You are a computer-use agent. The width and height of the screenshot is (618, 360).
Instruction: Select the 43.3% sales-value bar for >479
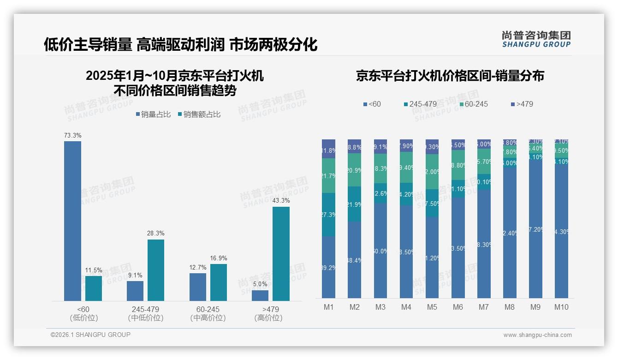(x=281, y=254)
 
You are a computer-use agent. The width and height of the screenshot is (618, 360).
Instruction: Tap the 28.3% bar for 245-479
(x=156, y=270)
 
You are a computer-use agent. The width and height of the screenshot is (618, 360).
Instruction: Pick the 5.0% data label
(x=260, y=284)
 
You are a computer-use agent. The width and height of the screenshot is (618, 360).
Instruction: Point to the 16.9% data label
(x=219, y=258)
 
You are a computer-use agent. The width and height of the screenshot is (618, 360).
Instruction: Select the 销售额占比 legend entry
(x=199, y=114)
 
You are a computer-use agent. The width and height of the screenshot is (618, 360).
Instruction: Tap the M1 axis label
(x=328, y=307)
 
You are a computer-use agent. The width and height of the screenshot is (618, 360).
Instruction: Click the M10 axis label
(x=561, y=307)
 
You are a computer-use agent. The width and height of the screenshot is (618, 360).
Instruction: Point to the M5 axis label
(x=432, y=307)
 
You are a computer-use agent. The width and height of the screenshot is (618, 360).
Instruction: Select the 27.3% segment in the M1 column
(x=328, y=215)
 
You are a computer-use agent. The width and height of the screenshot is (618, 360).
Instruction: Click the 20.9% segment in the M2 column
(x=354, y=170)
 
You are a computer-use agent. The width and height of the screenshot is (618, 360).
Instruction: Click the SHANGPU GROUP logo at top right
(x=536, y=39)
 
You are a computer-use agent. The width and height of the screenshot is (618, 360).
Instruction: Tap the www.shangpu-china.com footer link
(x=537, y=335)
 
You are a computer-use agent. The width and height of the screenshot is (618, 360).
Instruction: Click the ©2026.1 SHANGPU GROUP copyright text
(x=90, y=335)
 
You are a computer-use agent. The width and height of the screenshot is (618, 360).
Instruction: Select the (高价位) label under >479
(x=268, y=318)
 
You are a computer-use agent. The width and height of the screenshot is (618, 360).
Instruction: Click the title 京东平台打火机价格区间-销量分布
(x=450, y=76)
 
